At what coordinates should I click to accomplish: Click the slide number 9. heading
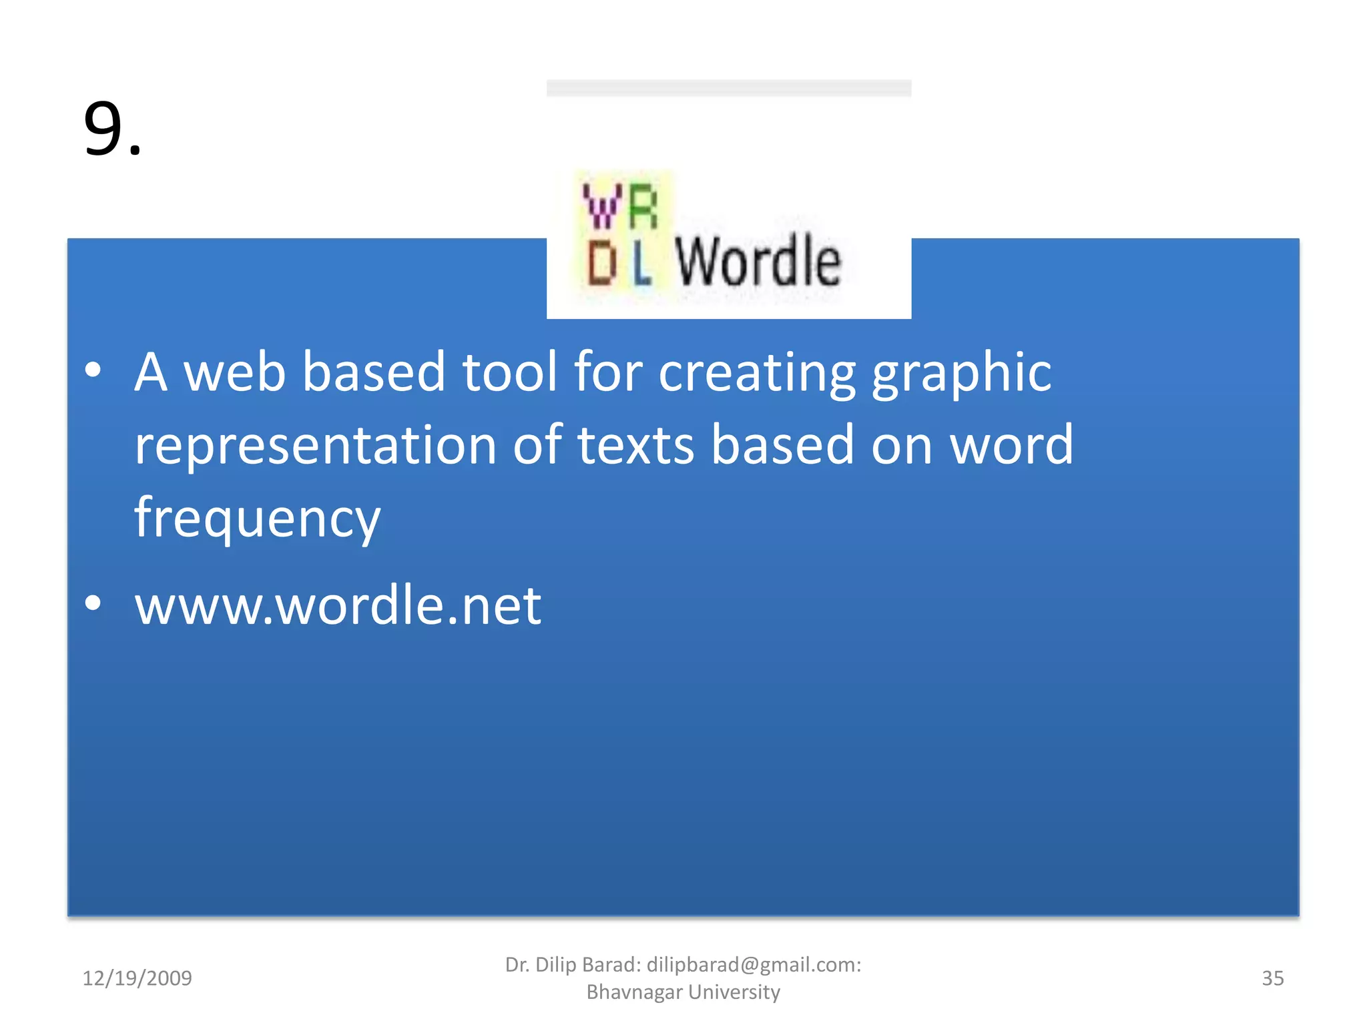click(112, 129)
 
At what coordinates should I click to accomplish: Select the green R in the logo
click(643, 207)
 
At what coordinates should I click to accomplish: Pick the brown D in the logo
click(601, 263)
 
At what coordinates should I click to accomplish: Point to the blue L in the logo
click(641, 264)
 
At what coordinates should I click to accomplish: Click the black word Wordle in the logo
click(758, 262)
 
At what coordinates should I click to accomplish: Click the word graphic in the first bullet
click(961, 372)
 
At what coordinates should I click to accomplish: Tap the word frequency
click(257, 519)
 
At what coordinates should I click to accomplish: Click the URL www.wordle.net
click(338, 605)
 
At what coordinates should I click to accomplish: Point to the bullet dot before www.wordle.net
click(93, 603)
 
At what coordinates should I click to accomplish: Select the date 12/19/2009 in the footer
click(137, 978)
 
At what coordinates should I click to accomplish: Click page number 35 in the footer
click(1272, 978)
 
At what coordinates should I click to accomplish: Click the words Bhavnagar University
click(683, 992)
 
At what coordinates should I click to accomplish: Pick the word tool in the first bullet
click(509, 372)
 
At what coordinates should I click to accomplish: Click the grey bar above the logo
click(728, 88)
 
